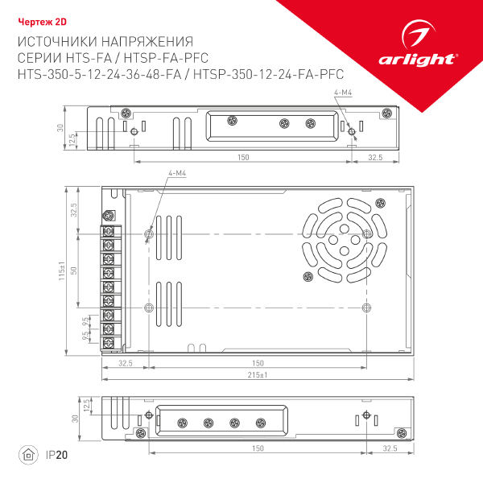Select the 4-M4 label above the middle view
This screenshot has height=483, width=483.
[178, 175]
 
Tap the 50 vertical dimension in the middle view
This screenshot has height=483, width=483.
[74, 270]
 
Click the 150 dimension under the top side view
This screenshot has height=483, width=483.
[242, 157]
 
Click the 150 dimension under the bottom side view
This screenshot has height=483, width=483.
[258, 448]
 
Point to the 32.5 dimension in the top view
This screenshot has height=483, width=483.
[374, 157]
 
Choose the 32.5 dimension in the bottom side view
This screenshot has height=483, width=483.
[390, 448]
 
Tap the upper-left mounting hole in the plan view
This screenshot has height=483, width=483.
[147, 233]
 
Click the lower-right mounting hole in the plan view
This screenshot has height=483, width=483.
[366, 308]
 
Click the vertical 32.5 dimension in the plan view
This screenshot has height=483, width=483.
[74, 211]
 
